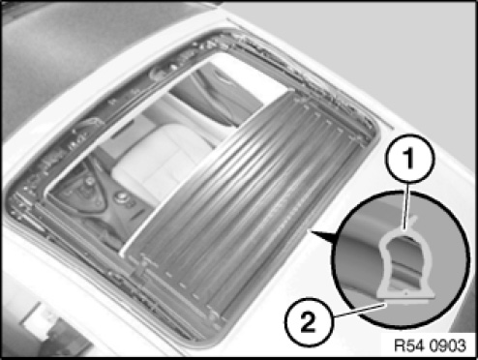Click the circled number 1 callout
pyautogui.click(x=409, y=159)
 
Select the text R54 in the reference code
pyautogui.click(x=409, y=346)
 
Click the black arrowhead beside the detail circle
pyautogui.click(x=322, y=237)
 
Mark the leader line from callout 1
pyautogui.click(x=407, y=206)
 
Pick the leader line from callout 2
pyautogui.click(x=359, y=311)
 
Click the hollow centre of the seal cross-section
pyautogui.click(x=405, y=263)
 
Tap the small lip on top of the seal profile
pyautogui.click(x=414, y=223)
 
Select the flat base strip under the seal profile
pyautogui.click(x=407, y=300)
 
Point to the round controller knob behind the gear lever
pyautogui.click(x=122, y=196)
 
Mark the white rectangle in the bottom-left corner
pyautogui.click(x=41, y=318)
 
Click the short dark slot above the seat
pyautogui.click(x=122, y=133)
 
